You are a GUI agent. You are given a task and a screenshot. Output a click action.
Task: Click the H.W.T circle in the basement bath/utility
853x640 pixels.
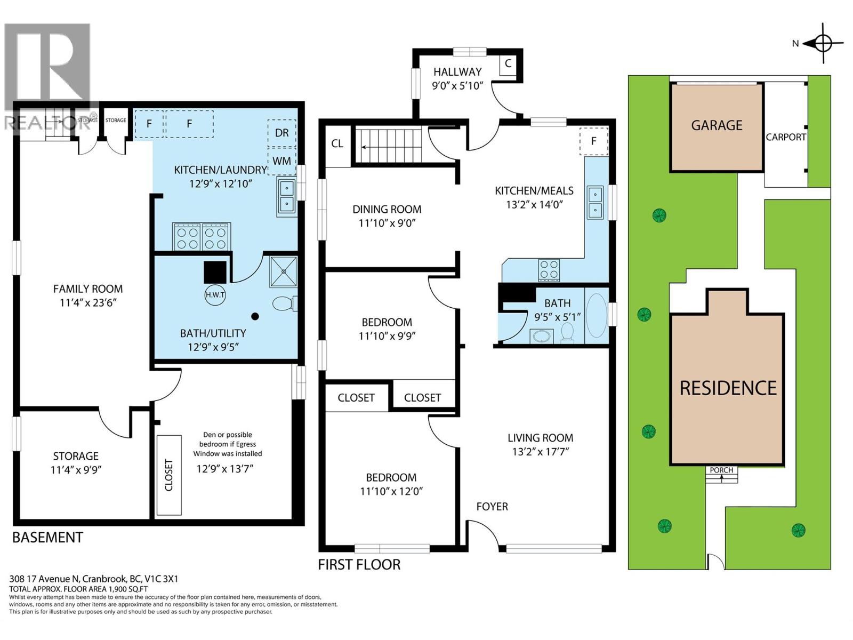[215, 294]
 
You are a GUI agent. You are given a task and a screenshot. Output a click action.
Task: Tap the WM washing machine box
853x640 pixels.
[281, 161]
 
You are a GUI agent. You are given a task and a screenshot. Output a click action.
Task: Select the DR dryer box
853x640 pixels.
[281, 133]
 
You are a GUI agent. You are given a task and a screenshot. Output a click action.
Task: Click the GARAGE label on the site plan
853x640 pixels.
[717, 125]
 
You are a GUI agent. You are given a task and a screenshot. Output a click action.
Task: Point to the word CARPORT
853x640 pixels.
[786, 137]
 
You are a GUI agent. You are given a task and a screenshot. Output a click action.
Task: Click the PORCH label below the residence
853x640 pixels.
[721, 470]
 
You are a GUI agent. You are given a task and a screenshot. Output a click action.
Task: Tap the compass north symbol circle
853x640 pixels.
[823, 43]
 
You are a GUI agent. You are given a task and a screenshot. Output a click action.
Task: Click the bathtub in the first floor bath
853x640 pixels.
[597, 316]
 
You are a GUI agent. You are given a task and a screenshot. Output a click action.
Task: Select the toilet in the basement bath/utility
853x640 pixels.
[285, 303]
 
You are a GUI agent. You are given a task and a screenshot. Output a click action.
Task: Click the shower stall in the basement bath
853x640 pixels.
[284, 271]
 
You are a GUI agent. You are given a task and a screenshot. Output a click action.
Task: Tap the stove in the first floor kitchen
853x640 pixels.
[549, 270]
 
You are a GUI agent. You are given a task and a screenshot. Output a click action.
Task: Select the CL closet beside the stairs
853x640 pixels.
[337, 144]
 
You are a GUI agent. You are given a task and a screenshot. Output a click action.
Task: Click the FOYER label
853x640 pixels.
[492, 507]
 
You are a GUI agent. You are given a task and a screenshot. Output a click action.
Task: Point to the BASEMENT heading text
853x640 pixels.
[48, 538]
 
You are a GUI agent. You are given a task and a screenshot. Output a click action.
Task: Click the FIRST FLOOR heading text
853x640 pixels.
[359, 565]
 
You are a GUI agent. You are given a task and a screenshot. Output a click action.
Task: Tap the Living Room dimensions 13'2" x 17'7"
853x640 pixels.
[540, 452]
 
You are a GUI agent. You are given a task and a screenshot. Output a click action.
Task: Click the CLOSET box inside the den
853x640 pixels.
[169, 475]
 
